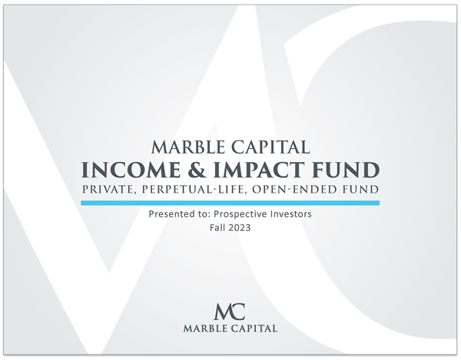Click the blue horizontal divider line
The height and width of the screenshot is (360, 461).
[230, 203]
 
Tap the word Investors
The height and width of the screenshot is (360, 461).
[294, 216]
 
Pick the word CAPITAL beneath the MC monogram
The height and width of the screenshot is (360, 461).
[254, 329]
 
